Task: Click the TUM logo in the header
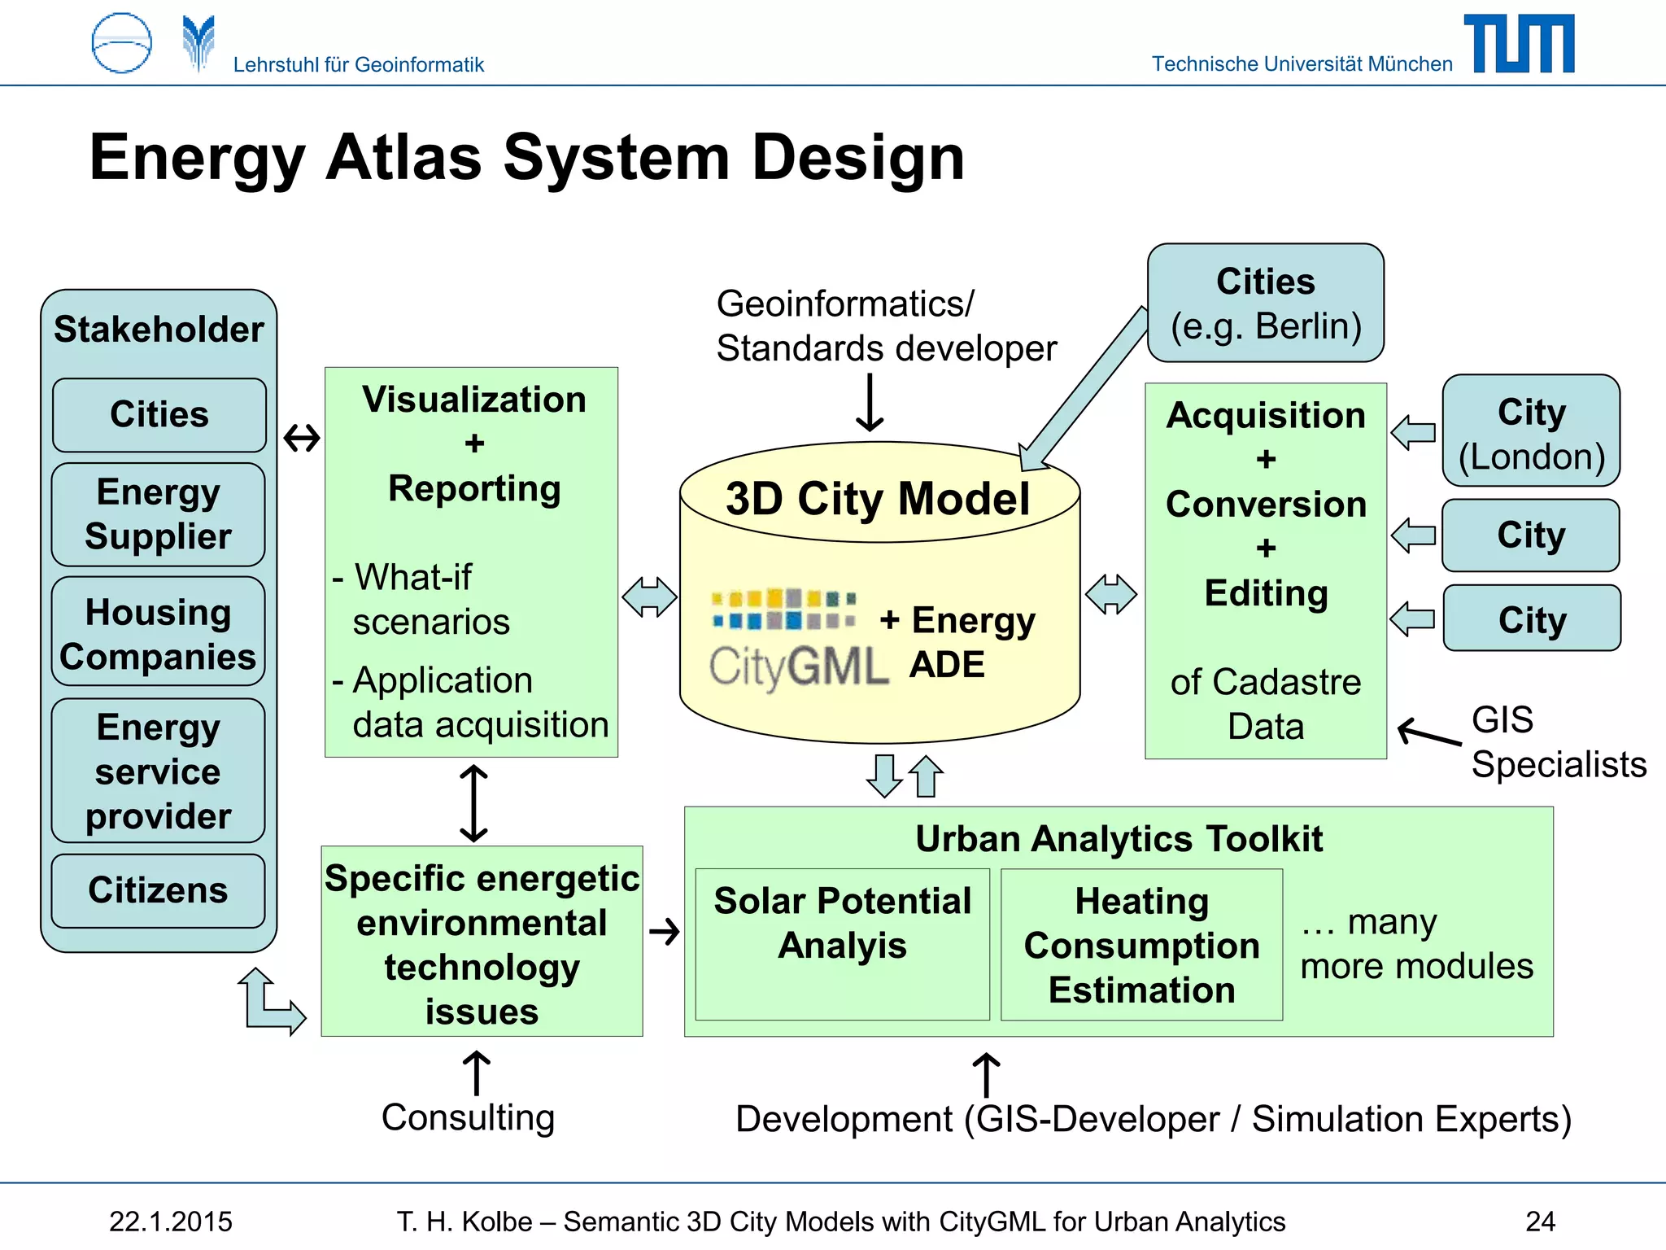pos(1519,44)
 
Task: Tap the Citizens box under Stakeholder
pos(158,890)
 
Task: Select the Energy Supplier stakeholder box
pos(158,514)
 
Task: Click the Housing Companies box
pos(158,633)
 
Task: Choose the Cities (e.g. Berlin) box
pos(1265,303)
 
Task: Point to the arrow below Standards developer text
pos(870,402)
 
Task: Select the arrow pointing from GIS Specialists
pos(1428,732)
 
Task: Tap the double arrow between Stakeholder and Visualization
pos(302,439)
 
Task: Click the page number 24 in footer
pos(1540,1222)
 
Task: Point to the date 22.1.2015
pos(171,1222)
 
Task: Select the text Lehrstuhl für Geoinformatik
pos(358,64)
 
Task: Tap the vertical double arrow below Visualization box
pos(473,802)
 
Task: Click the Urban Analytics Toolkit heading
pos(1119,838)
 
